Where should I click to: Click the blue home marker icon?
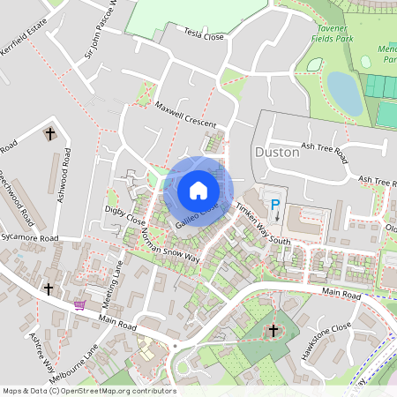pyautogui.click(x=198, y=191)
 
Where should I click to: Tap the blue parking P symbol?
pyautogui.click(x=274, y=206)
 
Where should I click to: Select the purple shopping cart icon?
pyautogui.click(x=80, y=305)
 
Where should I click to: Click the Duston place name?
pyautogui.click(x=276, y=152)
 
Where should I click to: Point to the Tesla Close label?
pyautogui.click(x=205, y=37)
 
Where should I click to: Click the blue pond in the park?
pyautogui.click(x=344, y=93)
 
